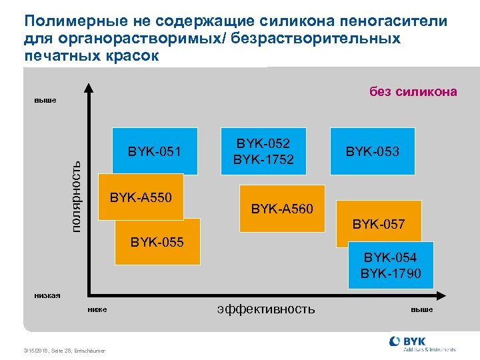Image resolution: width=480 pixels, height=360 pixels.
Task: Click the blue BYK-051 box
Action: pyautogui.click(x=155, y=151)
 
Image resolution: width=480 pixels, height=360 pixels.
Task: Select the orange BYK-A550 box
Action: pyautogui.click(x=141, y=197)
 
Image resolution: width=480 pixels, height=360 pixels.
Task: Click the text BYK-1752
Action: pyautogui.click(x=263, y=159)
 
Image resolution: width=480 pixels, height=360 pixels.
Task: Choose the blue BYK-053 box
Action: pyautogui.click(x=372, y=152)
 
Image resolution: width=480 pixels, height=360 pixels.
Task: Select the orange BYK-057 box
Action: pyautogui.click(x=379, y=223)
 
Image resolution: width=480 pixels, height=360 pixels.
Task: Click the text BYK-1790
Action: pyautogui.click(x=391, y=273)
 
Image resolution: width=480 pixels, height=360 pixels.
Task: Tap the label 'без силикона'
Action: pyautogui.click(x=413, y=92)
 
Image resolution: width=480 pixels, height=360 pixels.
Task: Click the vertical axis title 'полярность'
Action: pyautogui.click(x=77, y=190)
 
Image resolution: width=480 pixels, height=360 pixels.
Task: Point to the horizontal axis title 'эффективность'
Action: pyautogui.click(x=266, y=309)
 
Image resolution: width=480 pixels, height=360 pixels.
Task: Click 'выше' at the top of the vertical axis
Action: pyautogui.click(x=45, y=101)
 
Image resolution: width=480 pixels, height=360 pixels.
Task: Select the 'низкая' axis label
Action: pyautogui.click(x=47, y=295)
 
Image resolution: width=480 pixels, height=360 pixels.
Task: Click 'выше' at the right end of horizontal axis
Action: pyautogui.click(x=421, y=309)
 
